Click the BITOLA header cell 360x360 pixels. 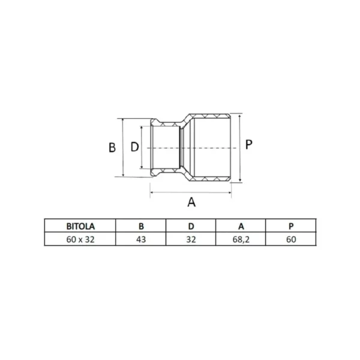(80, 226)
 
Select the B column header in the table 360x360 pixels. (141, 226)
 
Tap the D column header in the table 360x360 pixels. (191, 226)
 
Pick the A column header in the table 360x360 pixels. (241, 226)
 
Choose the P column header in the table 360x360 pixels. (291, 226)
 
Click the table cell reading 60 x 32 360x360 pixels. (80, 239)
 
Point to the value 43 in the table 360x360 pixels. (141, 239)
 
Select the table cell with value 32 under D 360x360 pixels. (191, 239)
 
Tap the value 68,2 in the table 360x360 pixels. (241, 239)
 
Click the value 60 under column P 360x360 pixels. (291, 239)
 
